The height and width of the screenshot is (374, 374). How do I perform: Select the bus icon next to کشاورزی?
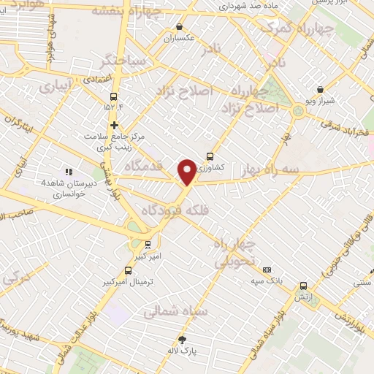coord(210,156)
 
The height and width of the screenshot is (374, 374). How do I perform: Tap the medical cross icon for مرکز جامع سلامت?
coord(114,124)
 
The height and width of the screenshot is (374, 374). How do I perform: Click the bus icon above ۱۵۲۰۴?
coord(113,96)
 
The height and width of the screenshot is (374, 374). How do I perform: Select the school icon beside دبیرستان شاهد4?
coord(69,172)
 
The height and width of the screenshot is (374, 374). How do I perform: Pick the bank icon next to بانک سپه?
coord(267,270)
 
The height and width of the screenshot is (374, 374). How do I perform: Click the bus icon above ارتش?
coord(303,286)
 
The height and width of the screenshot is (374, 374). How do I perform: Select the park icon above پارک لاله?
coord(182,340)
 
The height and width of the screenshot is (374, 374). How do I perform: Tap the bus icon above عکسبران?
coord(179,26)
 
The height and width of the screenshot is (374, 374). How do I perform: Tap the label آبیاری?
coord(51,87)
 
